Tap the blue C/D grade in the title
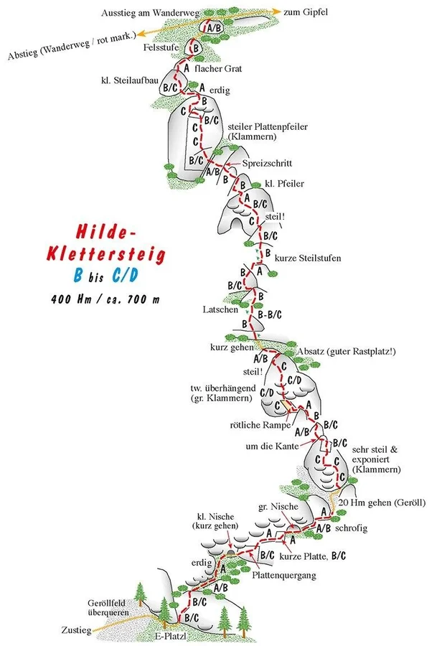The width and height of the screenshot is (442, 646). pyautogui.click(x=125, y=276)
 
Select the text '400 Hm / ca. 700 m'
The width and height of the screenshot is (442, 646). pyautogui.click(x=105, y=299)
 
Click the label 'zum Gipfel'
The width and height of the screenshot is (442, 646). pyautogui.click(x=306, y=12)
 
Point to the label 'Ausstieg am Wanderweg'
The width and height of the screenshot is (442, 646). pyautogui.click(x=151, y=12)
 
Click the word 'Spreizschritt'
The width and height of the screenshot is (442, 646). pyautogui.click(x=267, y=163)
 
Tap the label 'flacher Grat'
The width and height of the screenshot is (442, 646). pyautogui.click(x=218, y=69)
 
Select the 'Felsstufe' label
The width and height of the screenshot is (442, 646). pyautogui.click(x=161, y=47)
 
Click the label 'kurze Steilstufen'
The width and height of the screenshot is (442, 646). pyautogui.click(x=308, y=258)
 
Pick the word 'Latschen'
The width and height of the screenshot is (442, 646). pyautogui.click(x=220, y=309)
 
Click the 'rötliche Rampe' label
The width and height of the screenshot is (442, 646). pyautogui.click(x=260, y=425)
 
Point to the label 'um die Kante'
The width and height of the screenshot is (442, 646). pyautogui.click(x=272, y=446)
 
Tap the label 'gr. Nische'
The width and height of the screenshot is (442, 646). pyautogui.click(x=278, y=506)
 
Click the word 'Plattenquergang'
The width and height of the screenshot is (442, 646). pyautogui.click(x=284, y=575)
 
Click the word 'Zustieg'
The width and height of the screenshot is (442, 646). pyautogui.click(x=76, y=630)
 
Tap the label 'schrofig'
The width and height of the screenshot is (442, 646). pyautogui.click(x=351, y=528)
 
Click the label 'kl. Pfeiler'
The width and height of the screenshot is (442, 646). pyautogui.click(x=284, y=183)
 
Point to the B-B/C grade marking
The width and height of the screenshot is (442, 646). pyautogui.click(x=269, y=315)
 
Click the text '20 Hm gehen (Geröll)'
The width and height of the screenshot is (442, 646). pyautogui.click(x=382, y=502)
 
